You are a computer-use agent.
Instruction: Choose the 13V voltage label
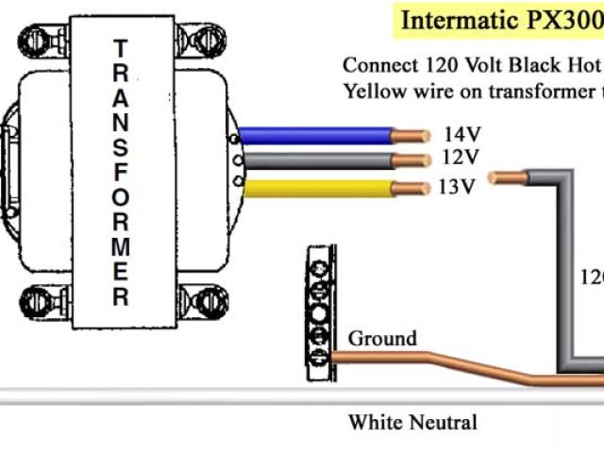(x=456, y=185)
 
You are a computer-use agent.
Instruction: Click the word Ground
(x=382, y=339)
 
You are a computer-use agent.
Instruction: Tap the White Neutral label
(x=412, y=422)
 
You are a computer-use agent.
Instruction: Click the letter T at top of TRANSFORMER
(x=120, y=47)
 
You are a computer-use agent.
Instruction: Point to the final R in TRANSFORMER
(x=120, y=297)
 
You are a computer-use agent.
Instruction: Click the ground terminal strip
(x=321, y=312)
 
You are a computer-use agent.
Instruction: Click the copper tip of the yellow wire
(x=408, y=188)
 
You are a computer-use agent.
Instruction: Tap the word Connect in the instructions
(x=377, y=66)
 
